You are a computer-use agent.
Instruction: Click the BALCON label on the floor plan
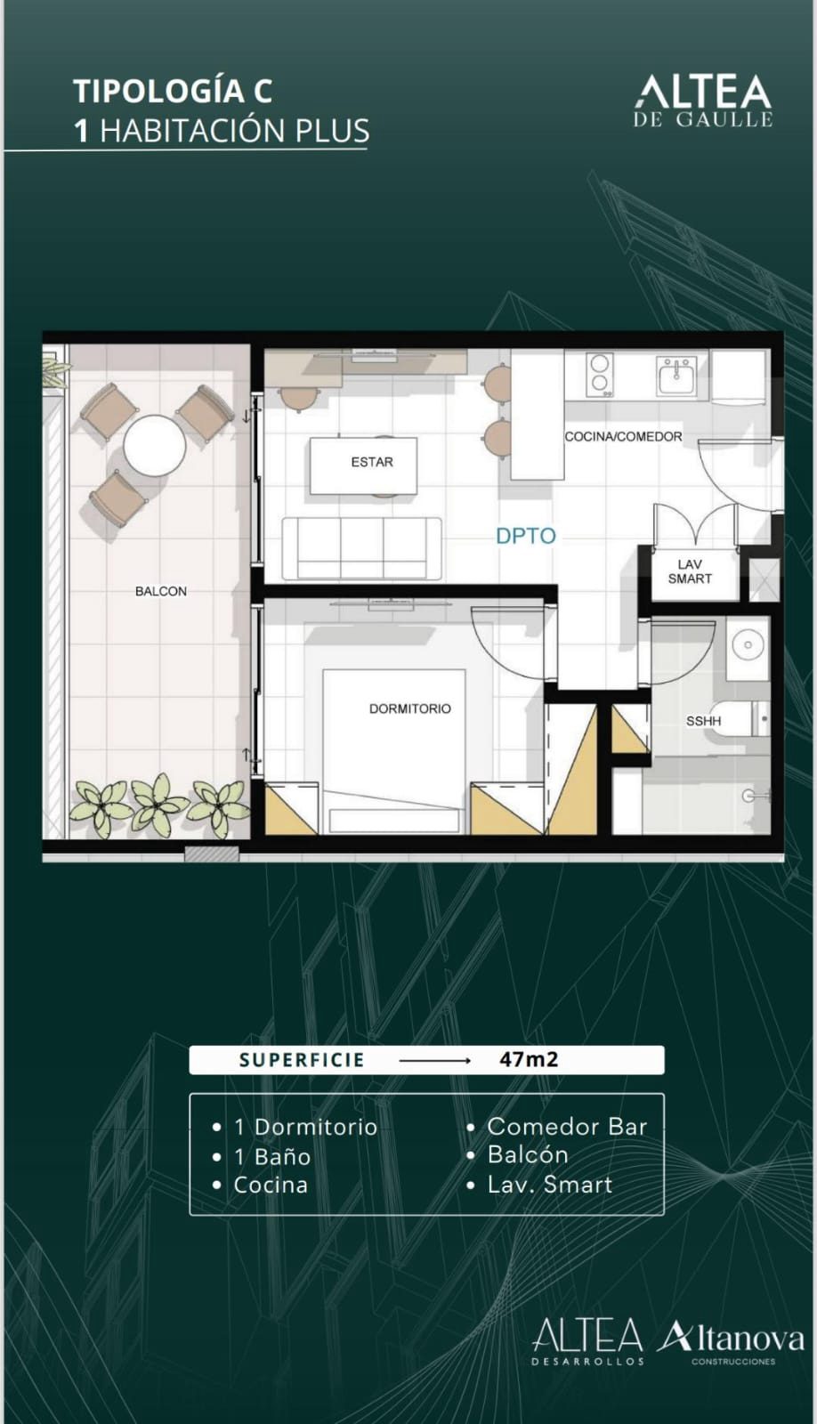[x=161, y=591]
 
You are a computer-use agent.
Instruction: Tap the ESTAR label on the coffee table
[x=372, y=462]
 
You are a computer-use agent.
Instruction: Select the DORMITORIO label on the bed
[x=410, y=708]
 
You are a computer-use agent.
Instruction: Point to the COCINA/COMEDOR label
[x=623, y=437]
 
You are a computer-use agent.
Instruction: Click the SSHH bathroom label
[x=703, y=722]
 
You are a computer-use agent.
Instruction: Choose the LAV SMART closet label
[x=690, y=571]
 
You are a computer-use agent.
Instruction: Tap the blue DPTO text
[x=526, y=536]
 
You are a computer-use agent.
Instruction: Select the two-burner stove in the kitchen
[x=600, y=374]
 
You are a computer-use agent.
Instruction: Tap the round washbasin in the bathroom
[x=748, y=645]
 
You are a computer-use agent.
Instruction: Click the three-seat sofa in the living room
[x=361, y=548]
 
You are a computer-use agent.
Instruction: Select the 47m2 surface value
[x=529, y=1059]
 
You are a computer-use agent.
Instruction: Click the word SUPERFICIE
[x=302, y=1060]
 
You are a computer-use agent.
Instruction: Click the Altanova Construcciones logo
[x=731, y=1343]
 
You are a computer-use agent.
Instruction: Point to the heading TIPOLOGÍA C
[x=173, y=91]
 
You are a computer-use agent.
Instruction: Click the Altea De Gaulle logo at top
[x=703, y=101]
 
